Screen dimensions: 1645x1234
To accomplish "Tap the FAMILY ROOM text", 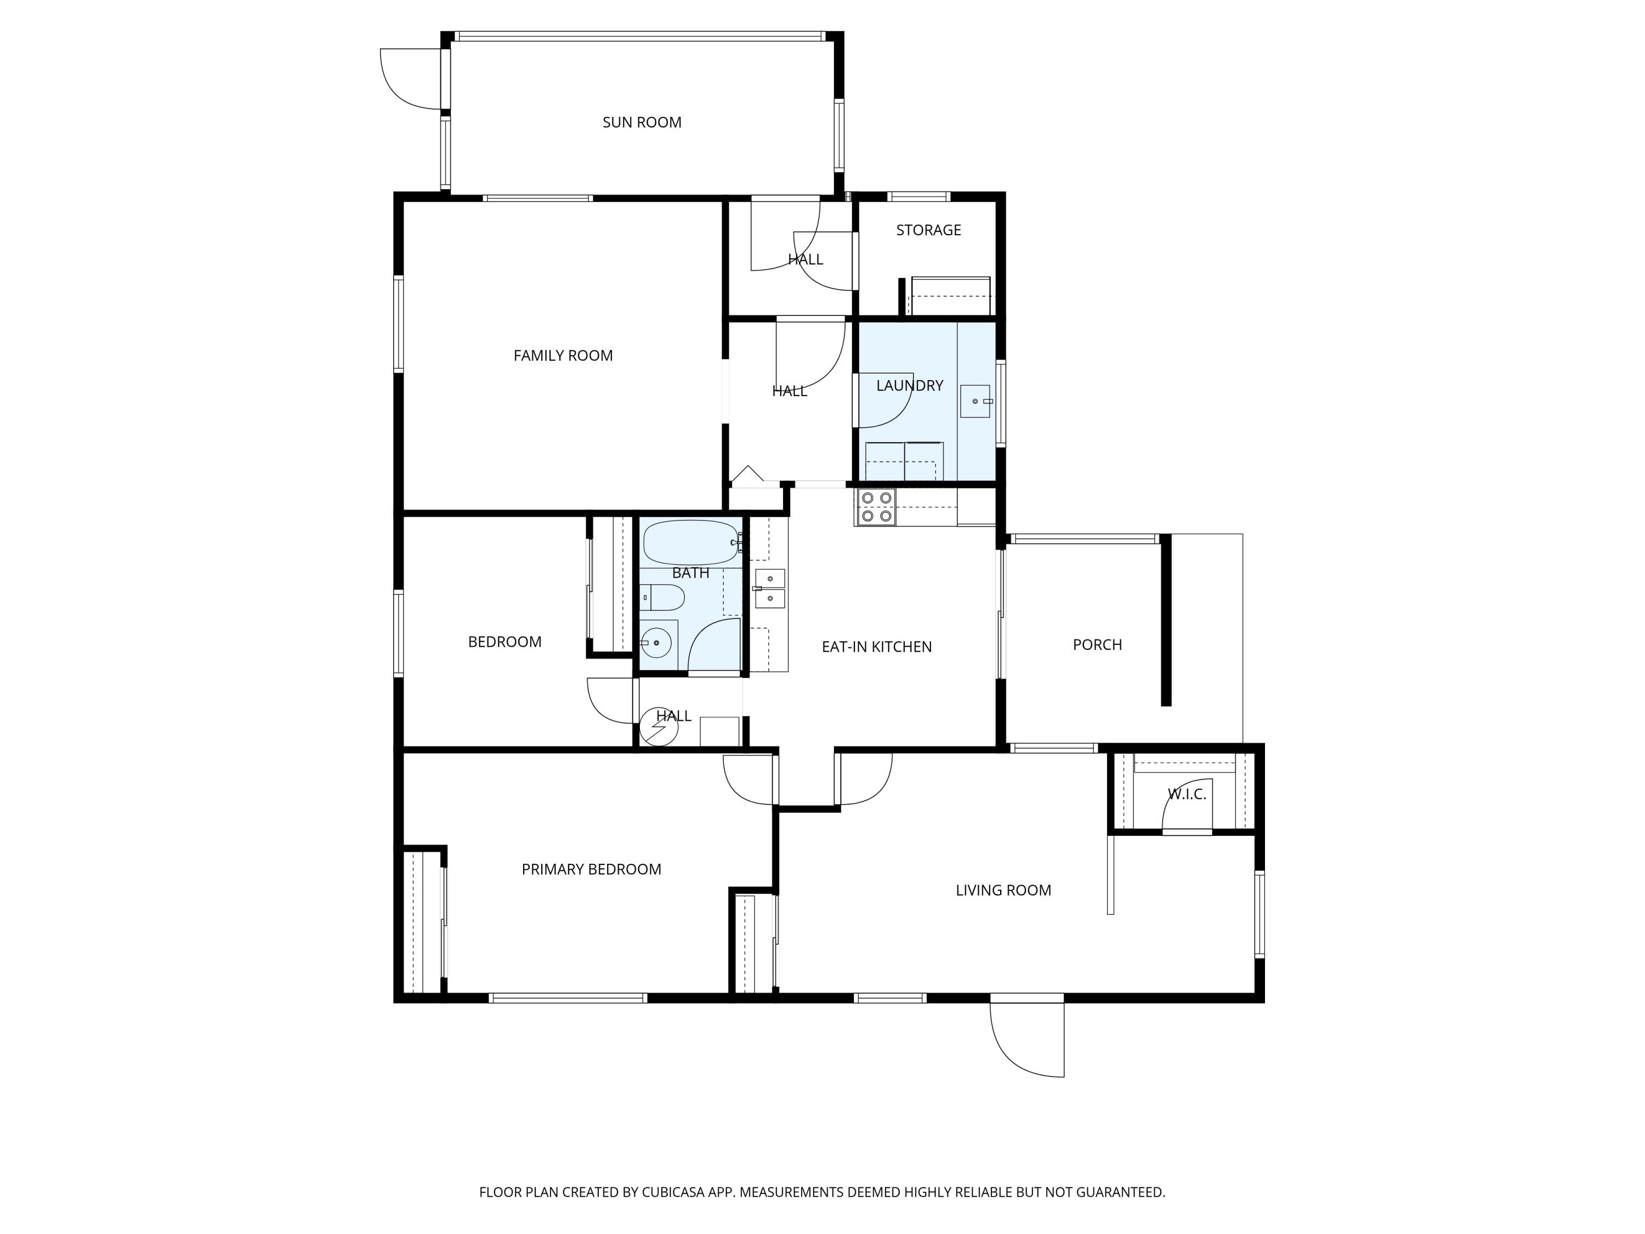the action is coord(563,355).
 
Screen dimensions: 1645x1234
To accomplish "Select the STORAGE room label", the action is coord(928,230).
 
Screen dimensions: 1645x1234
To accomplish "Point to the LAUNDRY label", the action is coord(910,386).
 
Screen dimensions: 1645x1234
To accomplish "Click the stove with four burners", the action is coord(876,507).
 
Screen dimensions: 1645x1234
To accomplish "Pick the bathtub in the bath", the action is coord(691,543).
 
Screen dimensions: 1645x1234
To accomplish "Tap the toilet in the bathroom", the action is coord(662,597).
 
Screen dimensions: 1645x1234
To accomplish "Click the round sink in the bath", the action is coord(656,642).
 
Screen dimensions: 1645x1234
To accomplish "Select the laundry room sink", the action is coord(975,401).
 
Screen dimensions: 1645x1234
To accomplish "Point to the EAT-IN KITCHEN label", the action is coord(876,647).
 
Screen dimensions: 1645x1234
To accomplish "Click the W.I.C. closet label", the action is coord(1187,794).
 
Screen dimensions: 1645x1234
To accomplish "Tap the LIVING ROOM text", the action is coord(1003,890).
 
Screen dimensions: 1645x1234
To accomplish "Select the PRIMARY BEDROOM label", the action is coord(591,869).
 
